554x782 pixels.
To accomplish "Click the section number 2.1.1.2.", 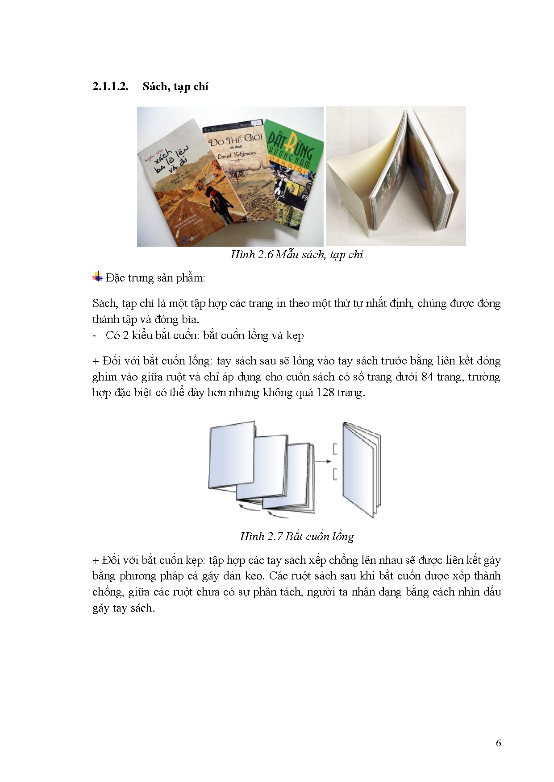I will tap(110, 87).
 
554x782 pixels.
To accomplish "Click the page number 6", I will tap(498, 743).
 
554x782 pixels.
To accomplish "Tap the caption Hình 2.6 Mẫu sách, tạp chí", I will tap(296, 255).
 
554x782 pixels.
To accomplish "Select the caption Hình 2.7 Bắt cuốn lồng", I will tap(296, 536).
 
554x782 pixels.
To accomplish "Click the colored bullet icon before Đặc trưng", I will tap(97, 277).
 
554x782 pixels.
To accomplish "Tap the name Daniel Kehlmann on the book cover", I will tap(237, 155).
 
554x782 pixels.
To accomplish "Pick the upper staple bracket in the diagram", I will tap(335, 449).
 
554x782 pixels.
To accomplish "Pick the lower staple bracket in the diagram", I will tap(335, 474).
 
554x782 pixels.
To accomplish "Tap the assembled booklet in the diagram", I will tap(361, 468).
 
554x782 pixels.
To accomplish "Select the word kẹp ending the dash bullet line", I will tap(295, 335).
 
